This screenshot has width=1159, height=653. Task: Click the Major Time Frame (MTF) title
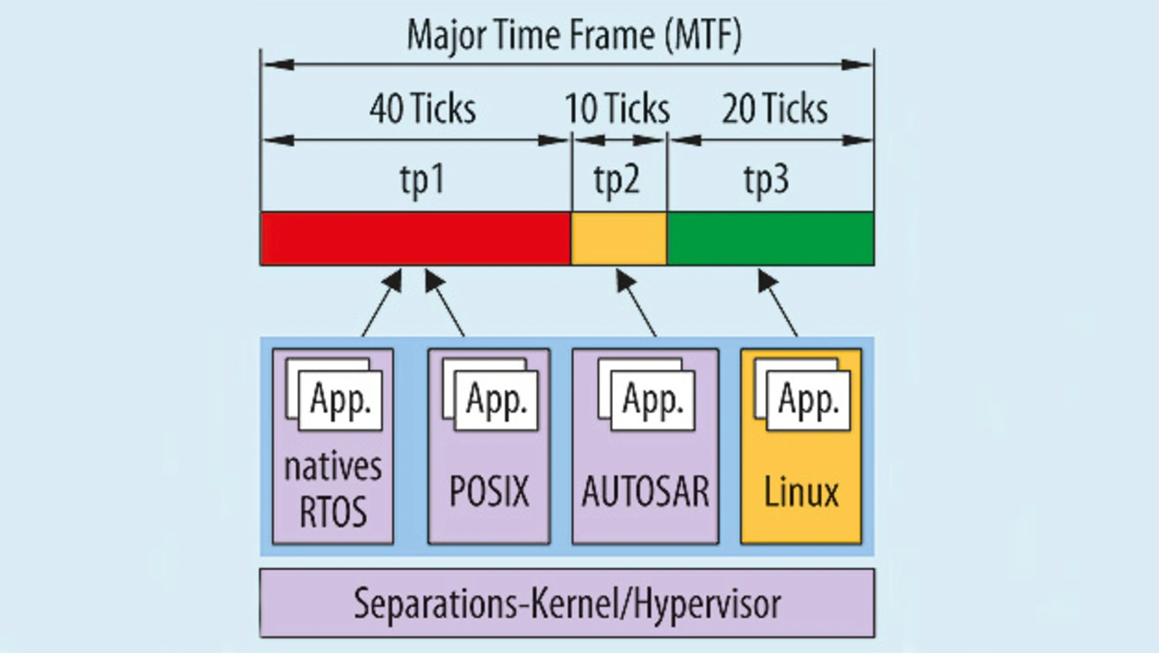[x=574, y=35]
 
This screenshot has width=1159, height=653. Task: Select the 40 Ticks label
[x=423, y=109]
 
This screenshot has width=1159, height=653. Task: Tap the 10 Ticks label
[x=618, y=109]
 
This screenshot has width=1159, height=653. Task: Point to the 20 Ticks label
[x=774, y=109]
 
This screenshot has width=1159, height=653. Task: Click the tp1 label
[x=422, y=179]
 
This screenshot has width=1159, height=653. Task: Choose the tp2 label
[x=617, y=179]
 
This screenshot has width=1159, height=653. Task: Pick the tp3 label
[x=766, y=179]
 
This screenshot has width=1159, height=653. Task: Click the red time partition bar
[x=416, y=238]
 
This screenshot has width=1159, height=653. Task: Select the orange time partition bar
[x=618, y=238]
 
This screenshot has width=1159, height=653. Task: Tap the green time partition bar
[x=771, y=238]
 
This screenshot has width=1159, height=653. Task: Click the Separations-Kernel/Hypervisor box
[x=567, y=603]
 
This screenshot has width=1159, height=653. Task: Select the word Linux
[x=801, y=492]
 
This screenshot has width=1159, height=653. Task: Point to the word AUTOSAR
[x=646, y=492]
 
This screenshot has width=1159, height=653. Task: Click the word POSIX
[x=490, y=492]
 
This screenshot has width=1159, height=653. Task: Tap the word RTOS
[x=333, y=511]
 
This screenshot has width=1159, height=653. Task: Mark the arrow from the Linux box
[x=778, y=302]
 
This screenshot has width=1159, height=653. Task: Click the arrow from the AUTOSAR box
[x=637, y=302]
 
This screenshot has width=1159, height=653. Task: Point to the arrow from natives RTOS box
[x=382, y=302]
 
